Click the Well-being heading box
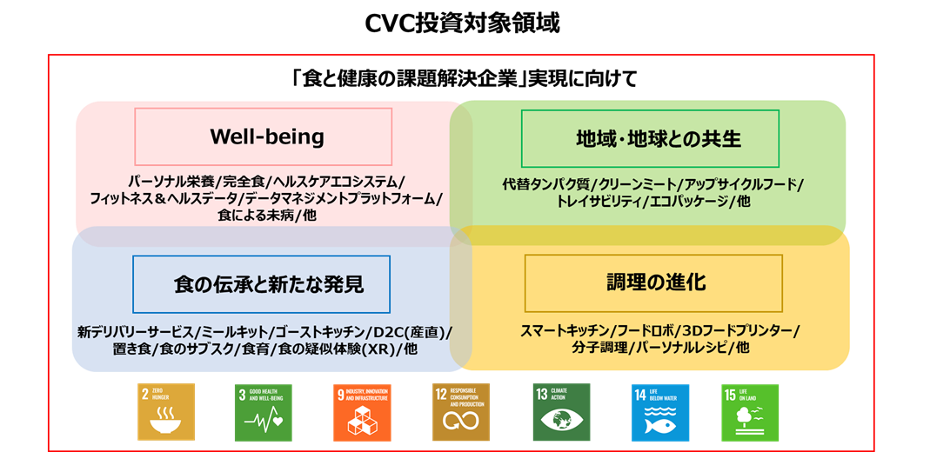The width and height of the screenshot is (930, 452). (263, 137)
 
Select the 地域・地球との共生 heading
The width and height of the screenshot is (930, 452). (649, 139)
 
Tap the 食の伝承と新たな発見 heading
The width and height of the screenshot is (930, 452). (261, 284)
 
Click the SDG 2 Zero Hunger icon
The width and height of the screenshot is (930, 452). (167, 412)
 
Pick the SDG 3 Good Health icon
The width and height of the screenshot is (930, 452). (264, 412)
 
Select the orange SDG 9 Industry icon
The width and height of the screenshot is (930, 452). (363, 412)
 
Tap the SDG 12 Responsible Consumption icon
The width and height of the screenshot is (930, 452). (461, 412)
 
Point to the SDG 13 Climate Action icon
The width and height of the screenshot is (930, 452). (561, 412)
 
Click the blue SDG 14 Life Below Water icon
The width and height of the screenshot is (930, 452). (660, 412)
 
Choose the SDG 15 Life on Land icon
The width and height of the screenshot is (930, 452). (750, 412)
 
